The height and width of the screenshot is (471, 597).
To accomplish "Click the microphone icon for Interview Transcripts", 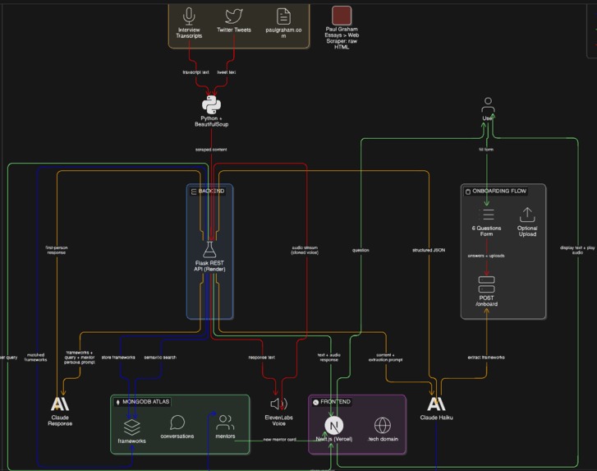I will [190, 16].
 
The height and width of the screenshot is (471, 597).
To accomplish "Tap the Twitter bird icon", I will [234, 16].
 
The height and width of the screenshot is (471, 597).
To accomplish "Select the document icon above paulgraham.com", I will [283, 16].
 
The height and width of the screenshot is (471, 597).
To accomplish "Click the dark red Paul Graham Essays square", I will [342, 15].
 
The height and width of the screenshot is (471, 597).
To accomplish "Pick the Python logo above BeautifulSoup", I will [211, 105].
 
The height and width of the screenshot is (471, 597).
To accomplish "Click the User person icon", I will [488, 105].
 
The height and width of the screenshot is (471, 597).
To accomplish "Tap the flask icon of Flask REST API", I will [209, 249].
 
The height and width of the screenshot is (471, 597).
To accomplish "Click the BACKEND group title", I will [211, 191].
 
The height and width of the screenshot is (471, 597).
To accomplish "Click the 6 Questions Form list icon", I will [487, 214].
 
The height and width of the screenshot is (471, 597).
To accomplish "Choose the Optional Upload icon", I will [527, 214].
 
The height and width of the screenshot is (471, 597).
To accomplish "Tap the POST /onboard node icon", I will [486, 284].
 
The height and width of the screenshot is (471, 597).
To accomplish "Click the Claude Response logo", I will [60, 404].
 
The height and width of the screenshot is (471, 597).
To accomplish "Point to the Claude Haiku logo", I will [436, 404].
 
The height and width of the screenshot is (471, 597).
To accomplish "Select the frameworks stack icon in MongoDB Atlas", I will [131, 426].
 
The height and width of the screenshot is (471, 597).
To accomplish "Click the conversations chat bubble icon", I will [177, 423].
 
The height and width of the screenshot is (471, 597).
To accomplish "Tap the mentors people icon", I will [224, 423].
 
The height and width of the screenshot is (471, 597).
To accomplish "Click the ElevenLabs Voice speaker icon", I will [278, 404].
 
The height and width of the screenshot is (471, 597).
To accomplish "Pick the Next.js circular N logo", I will [333, 425].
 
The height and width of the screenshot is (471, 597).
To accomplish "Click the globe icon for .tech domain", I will [382, 425].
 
